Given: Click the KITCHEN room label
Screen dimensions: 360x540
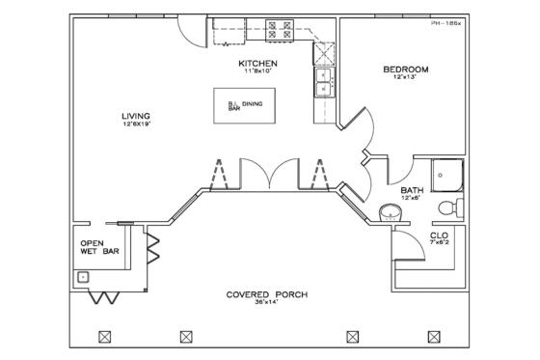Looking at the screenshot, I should (257, 64).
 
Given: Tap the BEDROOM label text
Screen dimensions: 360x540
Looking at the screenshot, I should (405, 69).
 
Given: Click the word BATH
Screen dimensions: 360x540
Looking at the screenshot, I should (413, 191).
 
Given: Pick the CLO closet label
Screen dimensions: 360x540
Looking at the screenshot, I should (438, 235).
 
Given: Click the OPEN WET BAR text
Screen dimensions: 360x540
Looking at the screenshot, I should (92, 248).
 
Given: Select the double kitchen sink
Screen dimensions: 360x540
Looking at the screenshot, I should (323, 84).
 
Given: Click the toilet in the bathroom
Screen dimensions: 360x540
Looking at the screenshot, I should (448, 208).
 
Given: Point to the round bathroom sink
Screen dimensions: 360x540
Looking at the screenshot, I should (389, 210).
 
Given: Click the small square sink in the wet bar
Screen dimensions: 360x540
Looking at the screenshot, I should (83, 277).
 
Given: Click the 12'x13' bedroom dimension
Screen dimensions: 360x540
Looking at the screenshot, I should (405, 78).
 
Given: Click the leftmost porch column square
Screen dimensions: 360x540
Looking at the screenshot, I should (105, 336).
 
